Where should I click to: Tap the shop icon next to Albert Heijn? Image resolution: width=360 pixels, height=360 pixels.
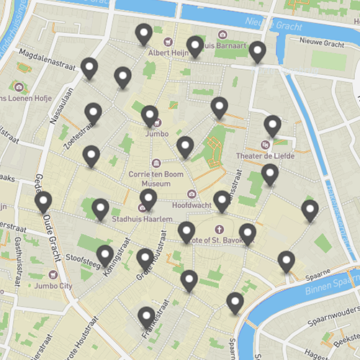(x=169, y=41)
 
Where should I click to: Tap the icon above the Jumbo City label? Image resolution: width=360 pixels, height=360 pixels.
(x=52, y=274)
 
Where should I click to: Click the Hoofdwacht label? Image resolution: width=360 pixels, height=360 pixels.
(x=191, y=204)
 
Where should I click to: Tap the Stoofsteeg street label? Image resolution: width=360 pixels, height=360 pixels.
(x=81, y=255)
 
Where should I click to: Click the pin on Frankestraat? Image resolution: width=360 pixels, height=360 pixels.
(x=147, y=316)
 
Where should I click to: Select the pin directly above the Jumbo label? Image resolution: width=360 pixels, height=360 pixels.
(x=150, y=114)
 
